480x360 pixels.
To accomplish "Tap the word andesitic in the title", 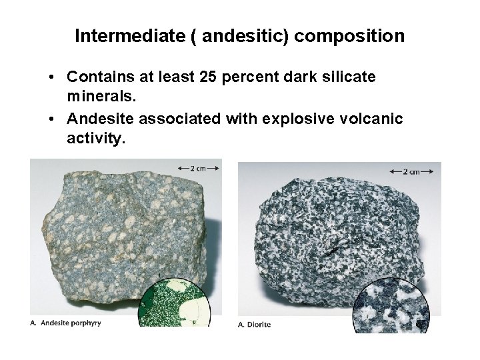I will click(244, 35).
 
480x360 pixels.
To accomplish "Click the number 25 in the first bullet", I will click(207, 77).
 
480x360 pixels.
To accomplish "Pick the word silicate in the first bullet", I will click(349, 77).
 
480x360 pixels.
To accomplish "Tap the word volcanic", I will click(375, 120).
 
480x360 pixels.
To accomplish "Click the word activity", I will click(95, 139).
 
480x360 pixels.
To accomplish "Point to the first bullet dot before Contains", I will click(52, 78).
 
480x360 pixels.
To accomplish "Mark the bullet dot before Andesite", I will click(52, 121).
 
